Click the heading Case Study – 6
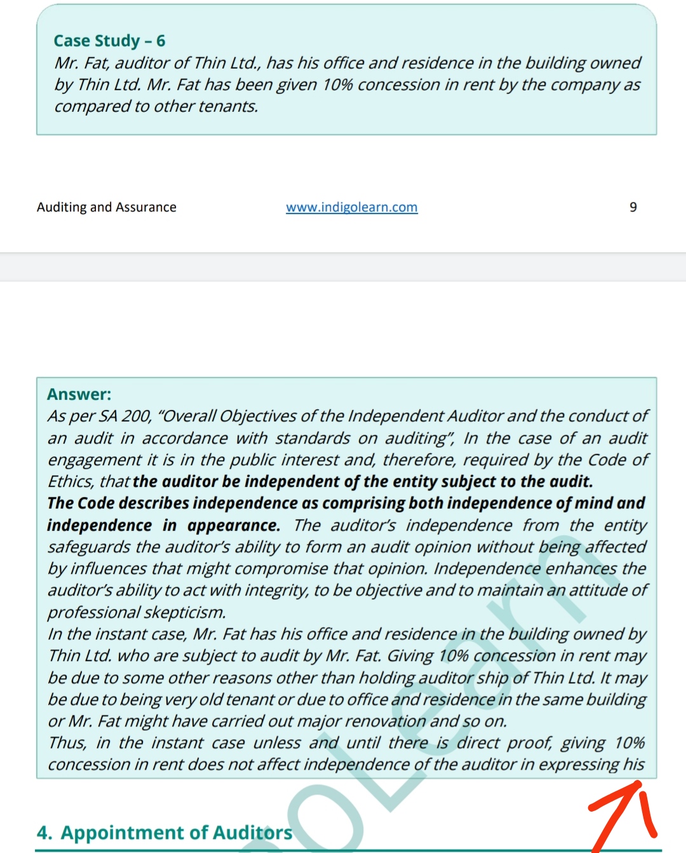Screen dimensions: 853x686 coord(109,41)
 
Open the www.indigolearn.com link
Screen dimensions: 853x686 coord(351,207)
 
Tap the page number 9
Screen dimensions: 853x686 coord(633,207)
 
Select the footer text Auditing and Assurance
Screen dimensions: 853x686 coord(107,207)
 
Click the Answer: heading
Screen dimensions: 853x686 coord(79,394)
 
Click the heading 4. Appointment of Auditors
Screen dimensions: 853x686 coord(165,833)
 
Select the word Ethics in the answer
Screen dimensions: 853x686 coord(70,482)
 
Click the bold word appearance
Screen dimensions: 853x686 coord(233,526)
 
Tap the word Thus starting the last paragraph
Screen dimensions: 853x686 coord(67,743)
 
